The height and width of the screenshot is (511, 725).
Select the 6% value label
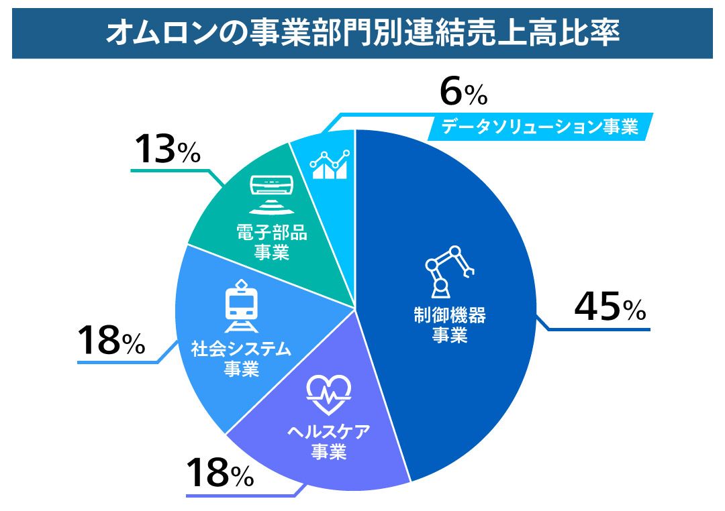463,93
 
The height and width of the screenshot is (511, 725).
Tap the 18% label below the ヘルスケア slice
219,473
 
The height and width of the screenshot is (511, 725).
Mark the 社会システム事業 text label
241,359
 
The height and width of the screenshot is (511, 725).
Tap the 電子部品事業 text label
272,243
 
